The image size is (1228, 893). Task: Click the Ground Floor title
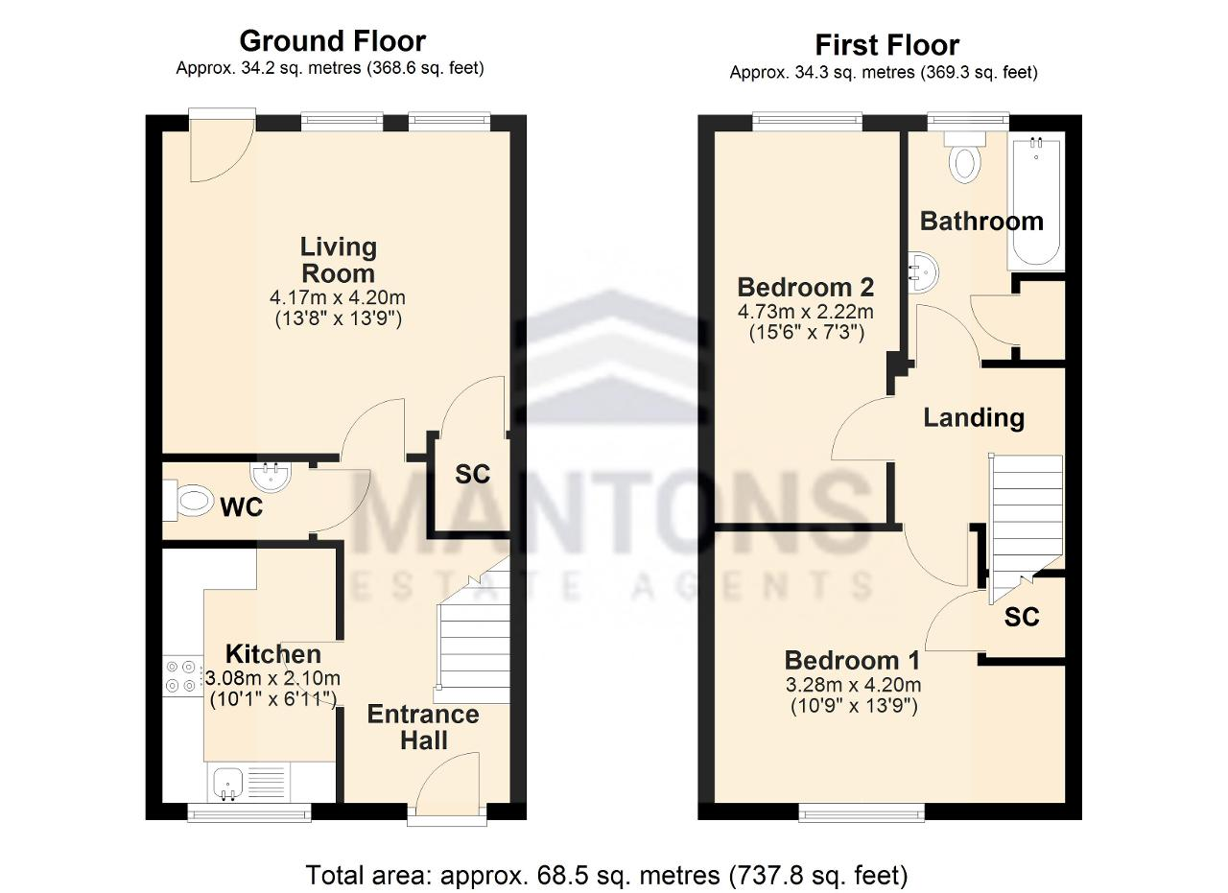click(332, 41)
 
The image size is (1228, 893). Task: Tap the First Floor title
click(887, 45)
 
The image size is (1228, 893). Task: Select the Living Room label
click(339, 260)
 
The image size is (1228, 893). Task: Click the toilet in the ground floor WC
click(188, 500)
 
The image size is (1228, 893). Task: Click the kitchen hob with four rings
click(181, 676)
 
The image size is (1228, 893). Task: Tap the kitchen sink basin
click(228, 784)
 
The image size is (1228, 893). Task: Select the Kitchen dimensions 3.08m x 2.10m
click(273, 678)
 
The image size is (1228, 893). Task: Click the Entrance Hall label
click(423, 727)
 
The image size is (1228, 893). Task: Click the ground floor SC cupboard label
click(472, 474)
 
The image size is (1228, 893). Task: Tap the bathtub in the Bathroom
click(1035, 201)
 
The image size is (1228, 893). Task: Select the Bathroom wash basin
click(922, 272)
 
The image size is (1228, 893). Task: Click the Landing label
click(974, 417)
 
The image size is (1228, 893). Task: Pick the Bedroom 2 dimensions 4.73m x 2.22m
click(805, 312)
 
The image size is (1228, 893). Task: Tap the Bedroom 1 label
click(852, 660)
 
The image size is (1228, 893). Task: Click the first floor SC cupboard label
click(1022, 618)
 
